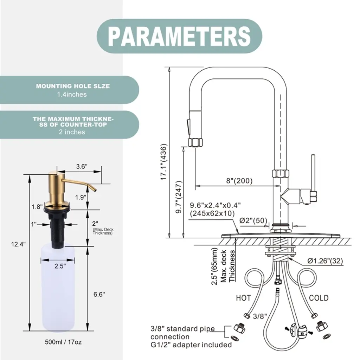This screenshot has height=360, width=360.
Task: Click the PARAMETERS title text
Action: (x=179, y=36)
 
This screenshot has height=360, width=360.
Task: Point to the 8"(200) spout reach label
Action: (x=239, y=181)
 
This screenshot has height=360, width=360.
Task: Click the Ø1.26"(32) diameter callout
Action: (x=325, y=261)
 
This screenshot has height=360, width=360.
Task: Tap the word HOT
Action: (x=243, y=298)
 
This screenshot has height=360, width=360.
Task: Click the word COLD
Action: (x=319, y=298)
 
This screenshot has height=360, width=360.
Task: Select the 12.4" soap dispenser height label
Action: (x=18, y=244)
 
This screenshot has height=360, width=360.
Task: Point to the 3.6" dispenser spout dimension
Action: (x=81, y=167)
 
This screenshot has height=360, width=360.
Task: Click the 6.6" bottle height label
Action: (x=99, y=295)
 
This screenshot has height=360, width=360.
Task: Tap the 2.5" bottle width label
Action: (x=60, y=266)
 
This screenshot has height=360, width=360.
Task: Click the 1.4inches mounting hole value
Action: (x=72, y=94)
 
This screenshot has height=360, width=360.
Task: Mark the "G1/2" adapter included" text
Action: (x=191, y=345)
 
